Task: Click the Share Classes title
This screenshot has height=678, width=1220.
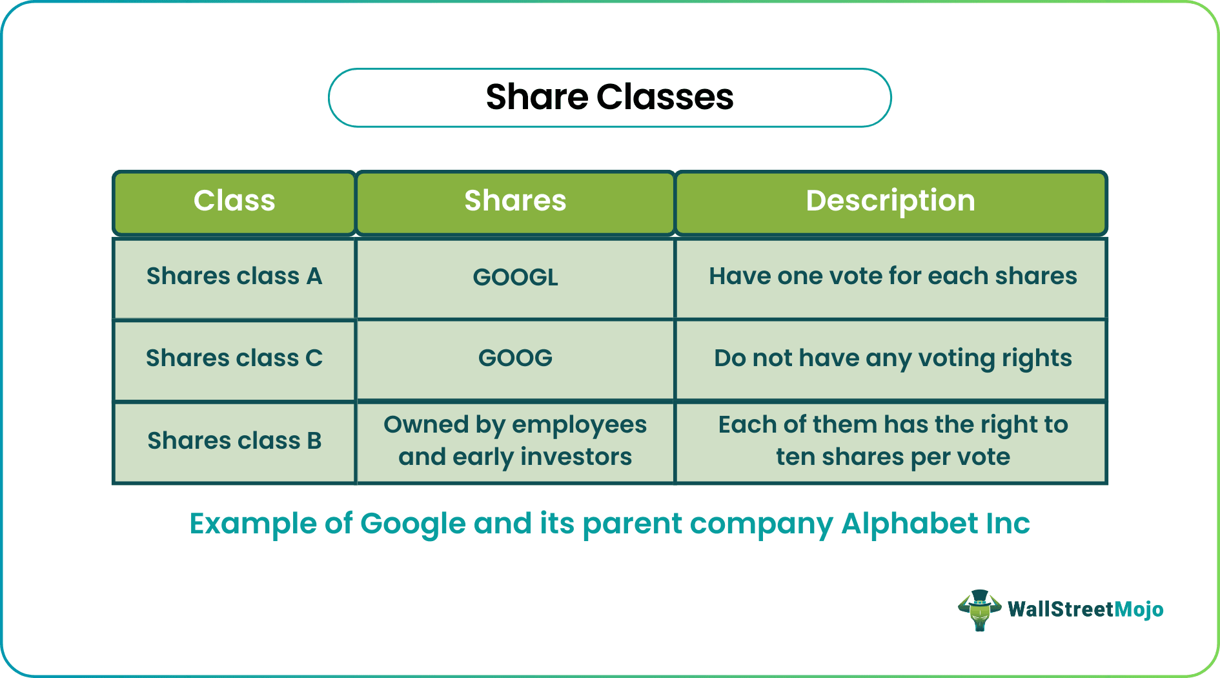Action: click(609, 98)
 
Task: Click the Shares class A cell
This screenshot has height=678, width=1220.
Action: click(234, 278)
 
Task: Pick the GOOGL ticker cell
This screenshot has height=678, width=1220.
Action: click(515, 278)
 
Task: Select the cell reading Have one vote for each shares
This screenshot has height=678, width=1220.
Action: click(891, 278)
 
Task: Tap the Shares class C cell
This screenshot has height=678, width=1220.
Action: click(234, 360)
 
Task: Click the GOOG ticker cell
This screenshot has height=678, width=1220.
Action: click(515, 360)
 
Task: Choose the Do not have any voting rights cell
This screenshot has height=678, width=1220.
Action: click(891, 360)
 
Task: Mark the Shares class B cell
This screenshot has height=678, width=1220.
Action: click(234, 442)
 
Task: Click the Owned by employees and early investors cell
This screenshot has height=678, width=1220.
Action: click(515, 442)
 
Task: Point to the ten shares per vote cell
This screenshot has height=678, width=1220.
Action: click(891, 442)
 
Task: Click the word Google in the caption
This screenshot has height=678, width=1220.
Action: click(413, 524)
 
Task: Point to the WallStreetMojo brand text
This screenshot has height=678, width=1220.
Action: click(1086, 610)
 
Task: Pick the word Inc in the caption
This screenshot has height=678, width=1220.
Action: click(1008, 523)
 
